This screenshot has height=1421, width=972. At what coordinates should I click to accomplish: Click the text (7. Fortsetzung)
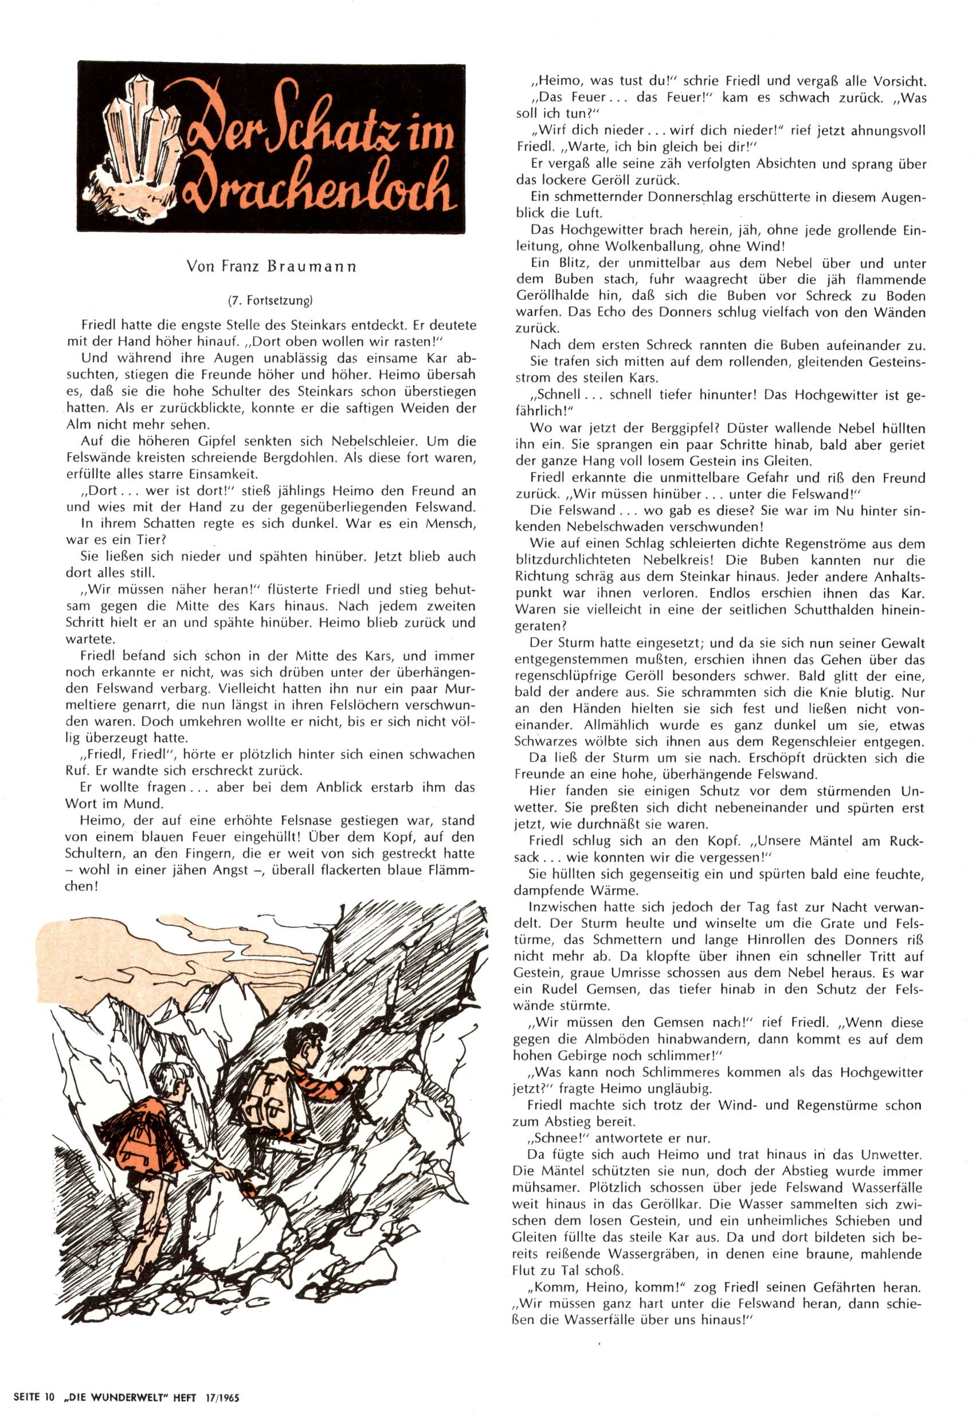271,300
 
